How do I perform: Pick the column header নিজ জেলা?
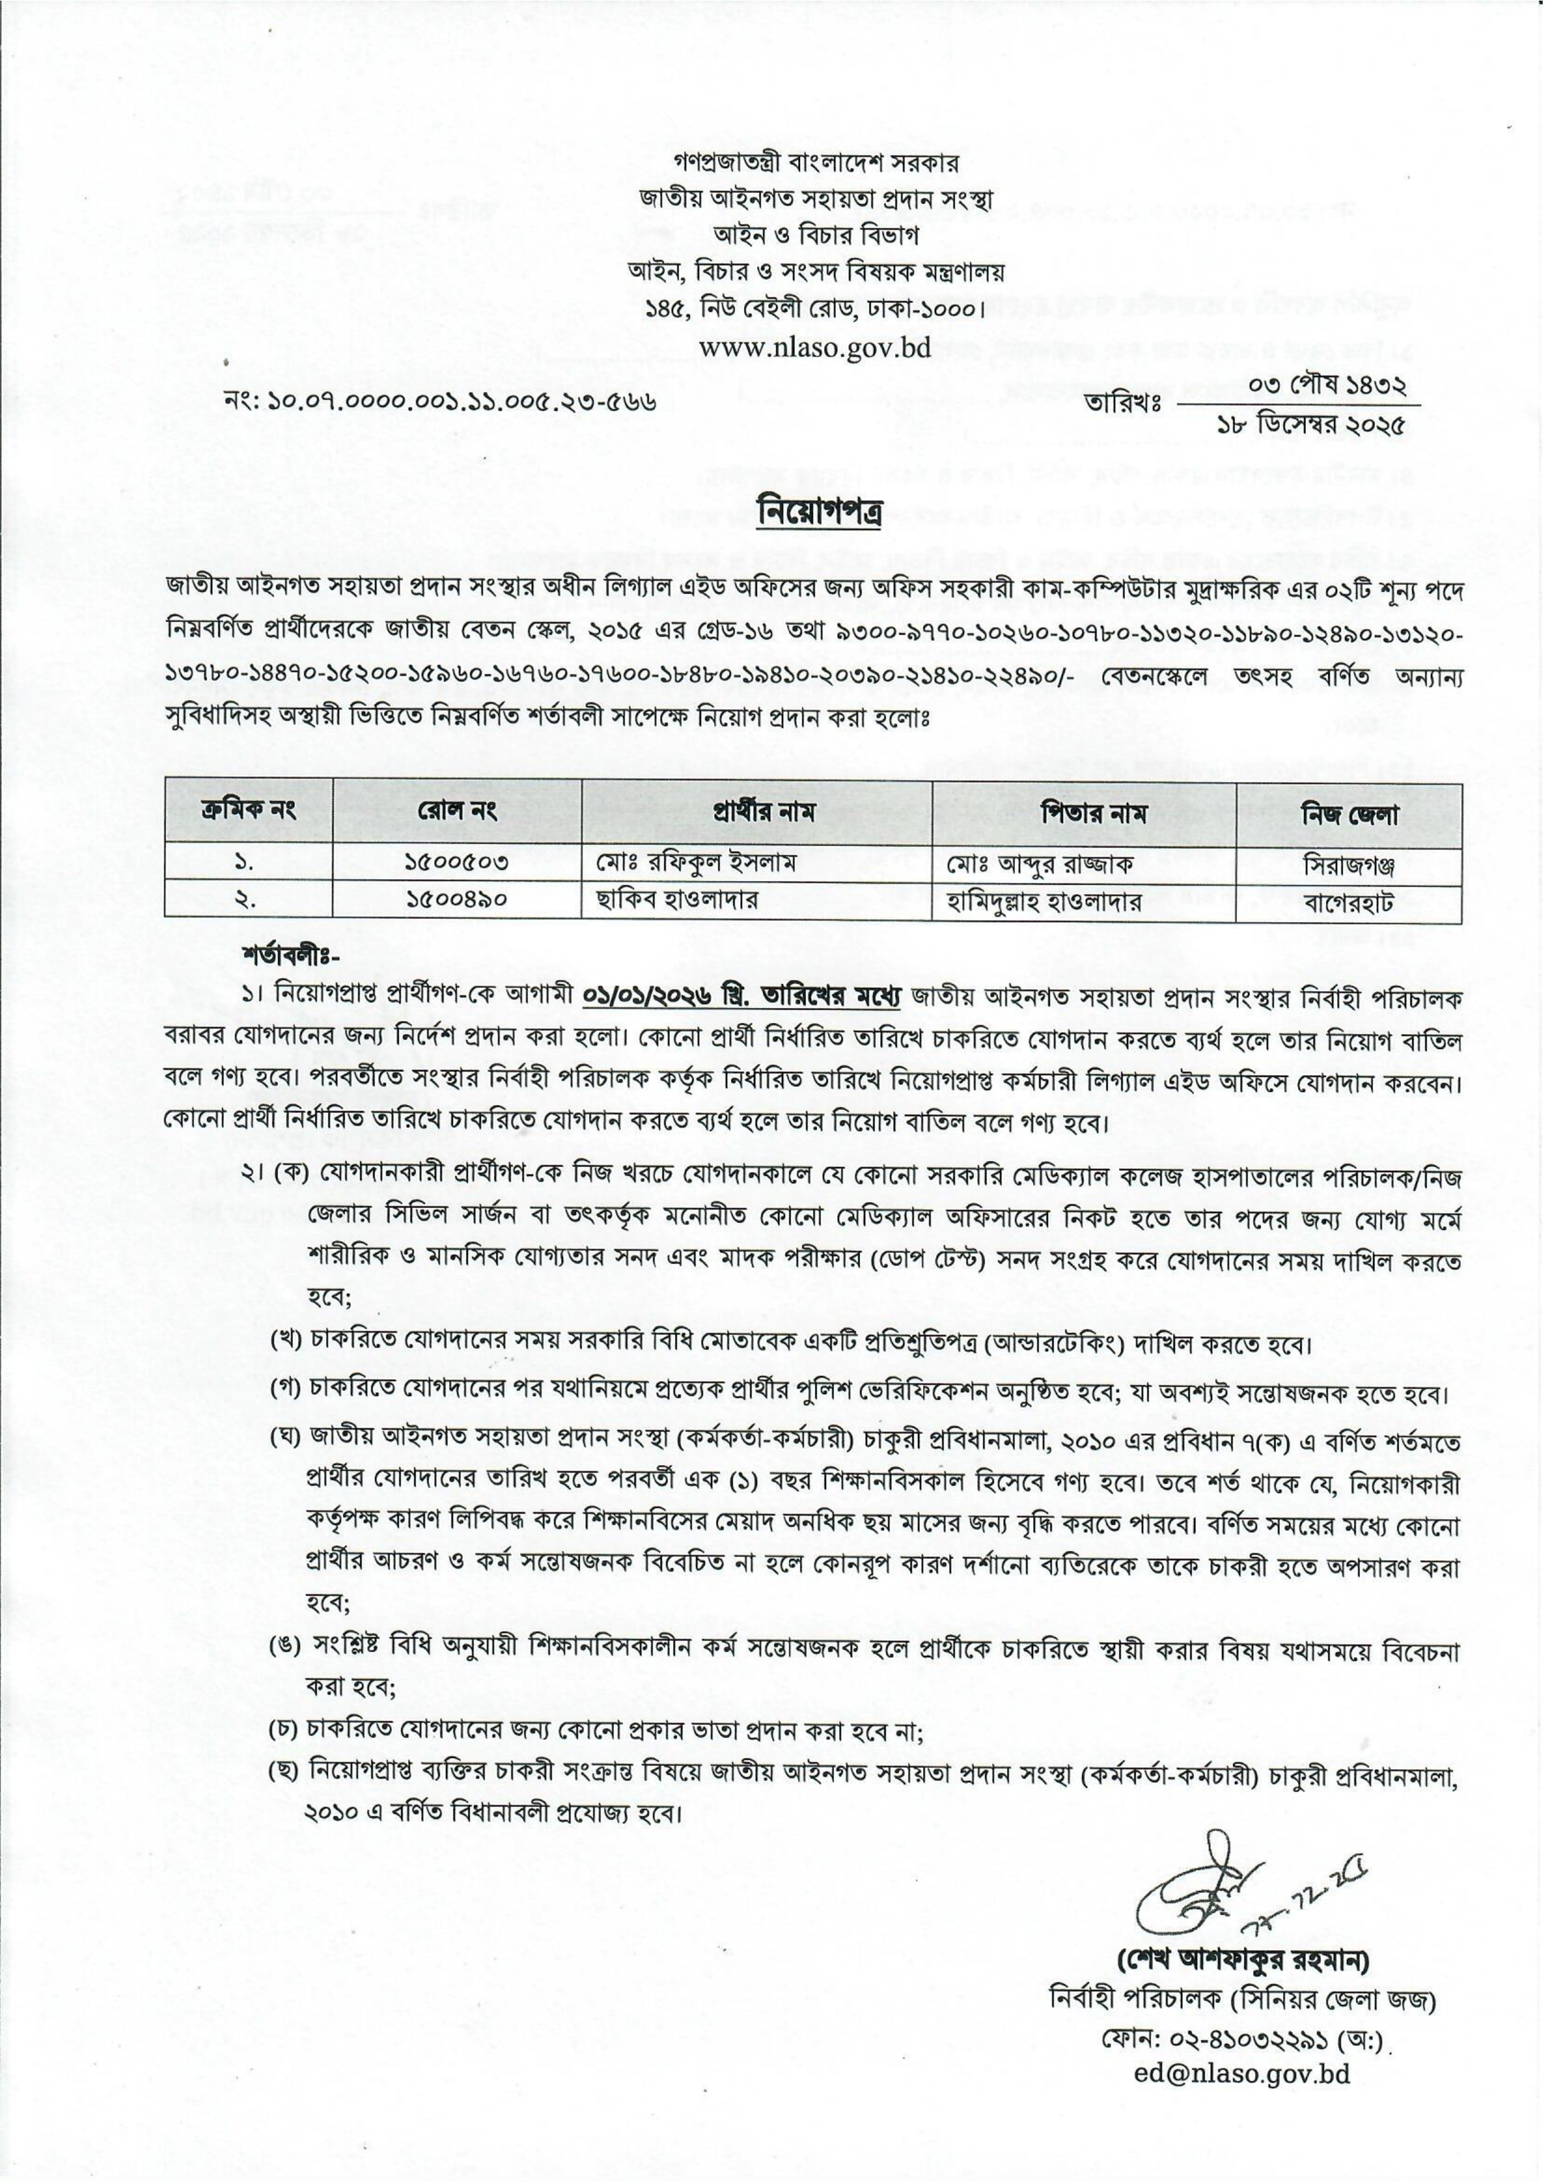click(x=1348, y=813)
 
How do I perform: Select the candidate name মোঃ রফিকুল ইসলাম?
click(x=696, y=864)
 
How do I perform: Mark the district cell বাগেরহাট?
click(x=1349, y=901)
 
